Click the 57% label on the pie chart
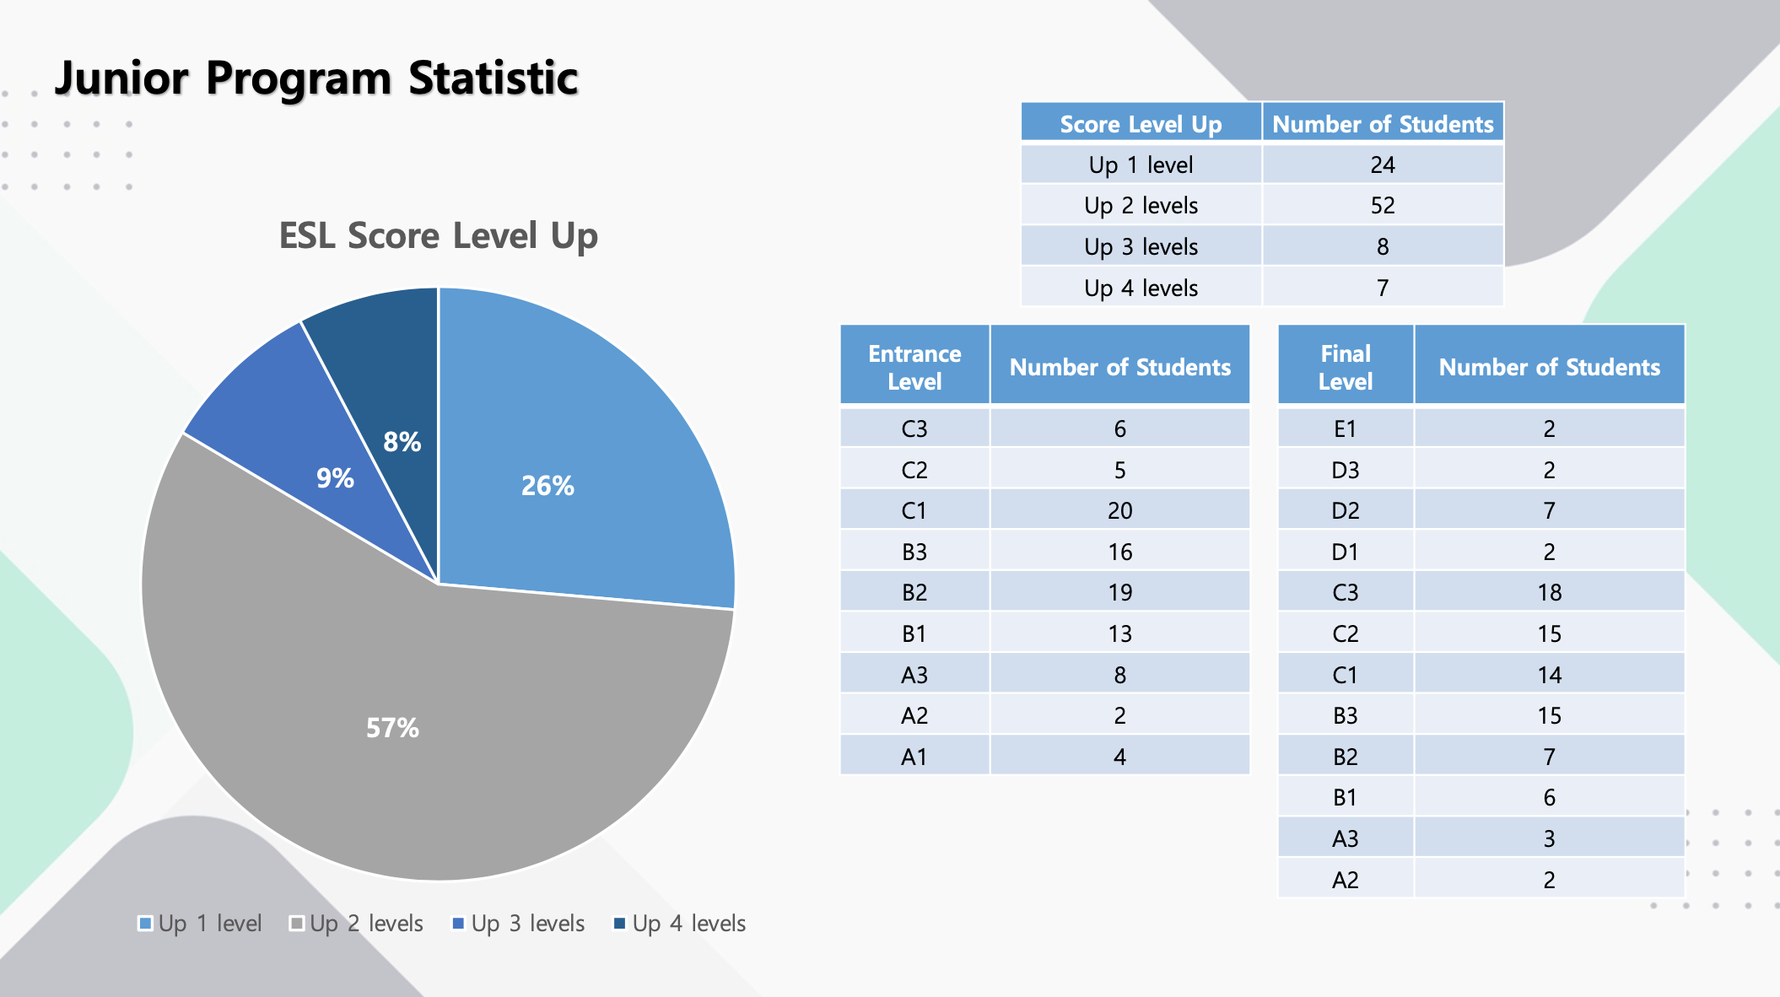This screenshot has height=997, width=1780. (x=392, y=727)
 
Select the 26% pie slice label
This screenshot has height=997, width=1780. (x=547, y=485)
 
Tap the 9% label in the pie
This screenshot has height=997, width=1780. (x=335, y=478)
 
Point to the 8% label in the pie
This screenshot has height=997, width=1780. (x=402, y=441)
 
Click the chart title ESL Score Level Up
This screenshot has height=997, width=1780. (x=438, y=235)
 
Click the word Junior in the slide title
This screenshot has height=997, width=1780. (x=121, y=78)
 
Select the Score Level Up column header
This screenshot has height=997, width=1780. (x=1141, y=124)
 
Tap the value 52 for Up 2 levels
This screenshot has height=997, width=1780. (x=1382, y=205)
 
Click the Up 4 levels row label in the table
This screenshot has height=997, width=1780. (x=1141, y=288)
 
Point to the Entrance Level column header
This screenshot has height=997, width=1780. (x=914, y=367)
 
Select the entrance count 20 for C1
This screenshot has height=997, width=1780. (x=1119, y=510)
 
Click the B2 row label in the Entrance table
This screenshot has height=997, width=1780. (x=914, y=592)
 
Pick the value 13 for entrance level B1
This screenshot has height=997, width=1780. (x=1119, y=633)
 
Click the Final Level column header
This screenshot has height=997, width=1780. (x=1345, y=367)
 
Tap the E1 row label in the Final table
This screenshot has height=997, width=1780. (x=1345, y=428)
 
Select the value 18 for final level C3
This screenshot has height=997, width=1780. (x=1549, y=592)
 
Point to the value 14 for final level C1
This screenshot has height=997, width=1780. (x=1549, y=675)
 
